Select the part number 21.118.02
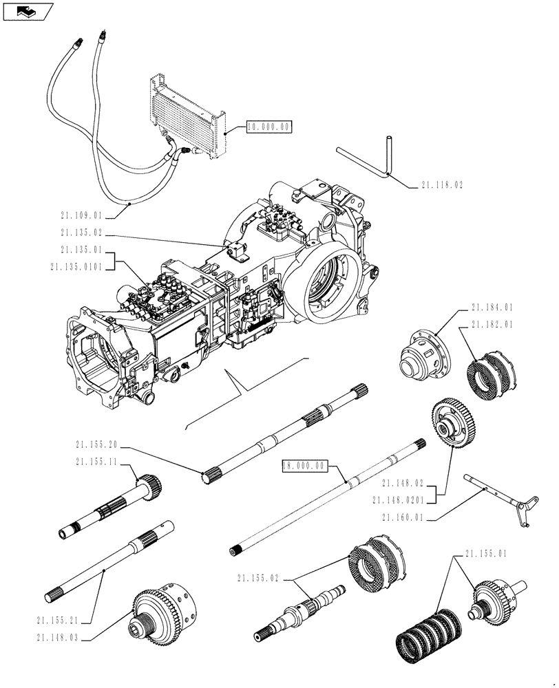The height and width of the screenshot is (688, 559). [441, 186]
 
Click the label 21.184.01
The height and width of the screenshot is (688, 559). [492, 308]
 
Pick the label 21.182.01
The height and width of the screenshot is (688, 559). [492, 325]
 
